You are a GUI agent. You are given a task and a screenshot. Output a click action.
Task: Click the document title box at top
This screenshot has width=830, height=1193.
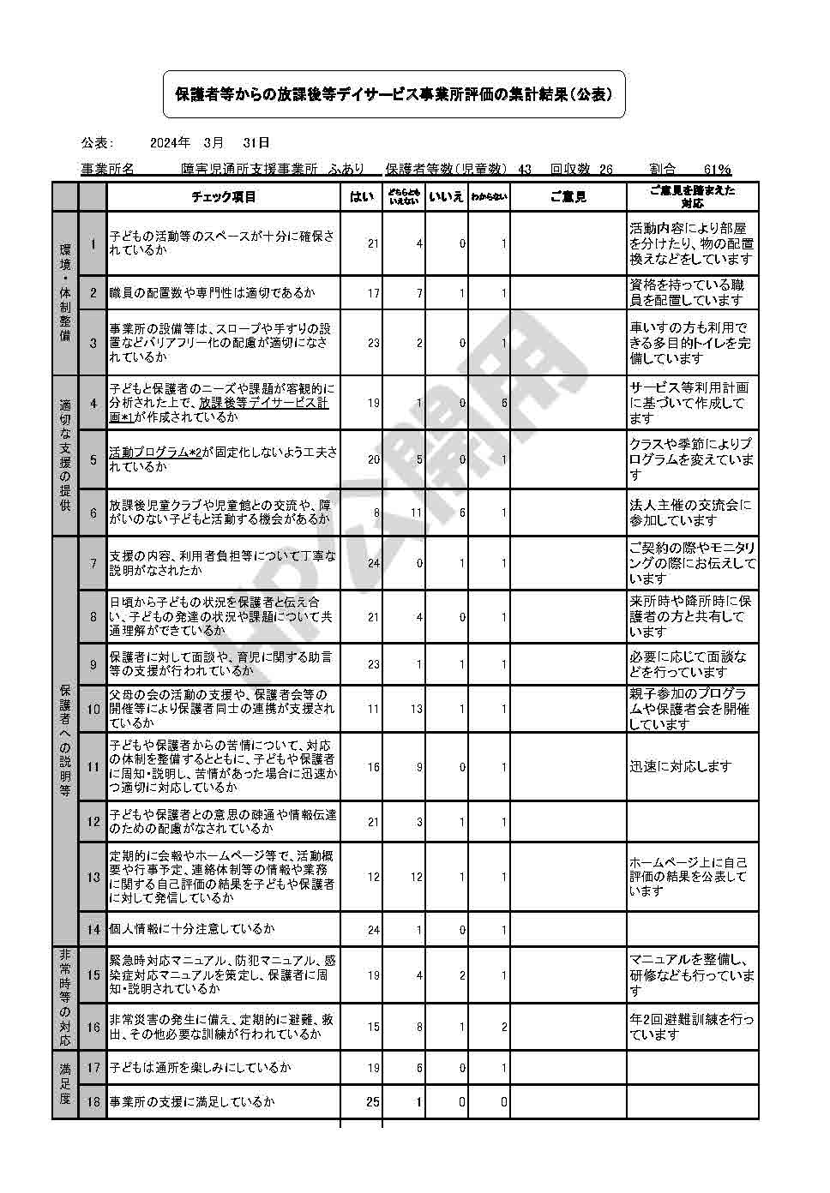394,94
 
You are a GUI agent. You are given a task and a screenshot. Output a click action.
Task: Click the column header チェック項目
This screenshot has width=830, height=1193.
223,197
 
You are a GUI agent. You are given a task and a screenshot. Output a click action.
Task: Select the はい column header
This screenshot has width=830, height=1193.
361,197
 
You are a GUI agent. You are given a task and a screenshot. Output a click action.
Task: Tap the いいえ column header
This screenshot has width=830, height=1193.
446,197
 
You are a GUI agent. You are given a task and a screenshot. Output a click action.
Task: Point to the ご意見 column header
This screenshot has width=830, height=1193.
568,197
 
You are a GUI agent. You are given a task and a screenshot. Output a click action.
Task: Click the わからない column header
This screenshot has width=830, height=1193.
489,197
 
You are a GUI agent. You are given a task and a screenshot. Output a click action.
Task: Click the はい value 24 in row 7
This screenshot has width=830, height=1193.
373,564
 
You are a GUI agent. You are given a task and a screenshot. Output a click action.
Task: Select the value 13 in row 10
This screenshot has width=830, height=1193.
416,709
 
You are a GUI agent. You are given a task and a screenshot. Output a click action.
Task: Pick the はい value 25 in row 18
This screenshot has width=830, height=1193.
372,1102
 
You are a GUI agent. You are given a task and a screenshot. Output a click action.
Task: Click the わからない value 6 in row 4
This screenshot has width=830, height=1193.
504,403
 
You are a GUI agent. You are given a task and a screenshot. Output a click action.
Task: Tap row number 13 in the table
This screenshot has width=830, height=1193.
93,877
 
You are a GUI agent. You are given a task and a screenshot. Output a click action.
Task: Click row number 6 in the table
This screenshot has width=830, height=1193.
93,513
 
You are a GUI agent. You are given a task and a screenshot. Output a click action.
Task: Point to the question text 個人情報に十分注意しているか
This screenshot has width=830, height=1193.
192,929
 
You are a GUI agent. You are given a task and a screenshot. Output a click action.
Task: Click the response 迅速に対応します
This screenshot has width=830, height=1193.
681,767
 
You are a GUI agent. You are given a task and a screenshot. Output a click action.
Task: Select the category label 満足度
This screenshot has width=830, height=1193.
65,1084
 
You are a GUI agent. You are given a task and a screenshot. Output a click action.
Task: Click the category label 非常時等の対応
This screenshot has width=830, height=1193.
65,998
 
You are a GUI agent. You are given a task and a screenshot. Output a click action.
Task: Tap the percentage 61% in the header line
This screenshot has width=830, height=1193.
717,170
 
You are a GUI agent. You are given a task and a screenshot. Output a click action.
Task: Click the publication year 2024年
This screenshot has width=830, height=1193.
170,142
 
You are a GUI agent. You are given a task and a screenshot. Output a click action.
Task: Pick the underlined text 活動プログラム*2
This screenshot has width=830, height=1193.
155,453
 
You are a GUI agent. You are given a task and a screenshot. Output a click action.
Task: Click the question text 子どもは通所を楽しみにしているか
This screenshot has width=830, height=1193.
200,1068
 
